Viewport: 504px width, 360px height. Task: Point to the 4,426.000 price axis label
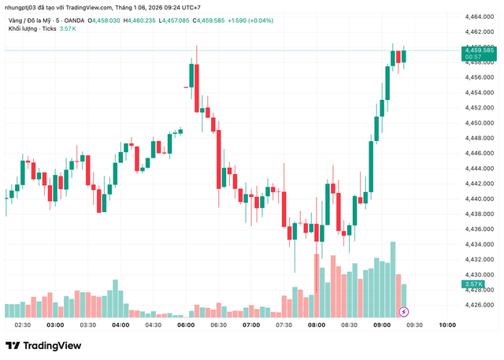479,305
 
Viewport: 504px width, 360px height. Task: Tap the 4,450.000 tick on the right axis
479,123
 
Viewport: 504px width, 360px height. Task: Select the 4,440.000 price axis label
479,199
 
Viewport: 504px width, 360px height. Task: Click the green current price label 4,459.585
479,50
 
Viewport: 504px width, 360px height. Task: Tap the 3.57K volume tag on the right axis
474,284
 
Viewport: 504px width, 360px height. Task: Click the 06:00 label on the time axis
186,325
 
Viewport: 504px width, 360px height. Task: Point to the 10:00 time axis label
447,325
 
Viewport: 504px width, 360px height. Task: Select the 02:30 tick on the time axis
22,325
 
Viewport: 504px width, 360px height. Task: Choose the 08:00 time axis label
317,325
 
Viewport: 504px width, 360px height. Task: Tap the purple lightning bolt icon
404,312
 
